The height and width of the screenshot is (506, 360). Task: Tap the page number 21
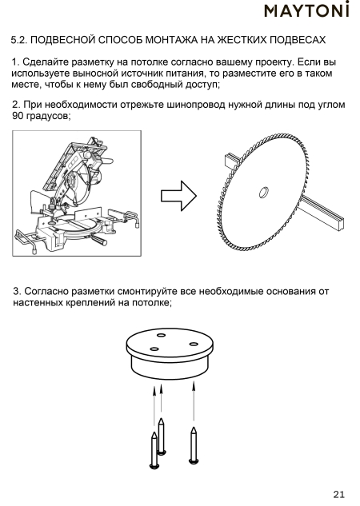coord(338,494)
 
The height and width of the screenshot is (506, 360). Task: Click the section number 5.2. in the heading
coord(19,40)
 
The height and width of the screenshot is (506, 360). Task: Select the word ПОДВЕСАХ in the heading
coord(298,40)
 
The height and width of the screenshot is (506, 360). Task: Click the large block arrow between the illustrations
coord(178,196)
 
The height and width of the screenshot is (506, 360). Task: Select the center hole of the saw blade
coord(264,193)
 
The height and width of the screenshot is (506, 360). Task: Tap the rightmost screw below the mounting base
coord(194,445)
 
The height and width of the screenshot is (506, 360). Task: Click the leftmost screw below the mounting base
coord(154,450)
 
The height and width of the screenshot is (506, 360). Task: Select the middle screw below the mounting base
coord(162,436)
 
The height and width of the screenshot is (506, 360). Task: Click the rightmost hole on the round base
coord(193,344)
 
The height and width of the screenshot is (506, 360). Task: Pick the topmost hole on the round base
coord(161,335)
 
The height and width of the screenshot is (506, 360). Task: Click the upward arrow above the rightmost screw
coord(194,401)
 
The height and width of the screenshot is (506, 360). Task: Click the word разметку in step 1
coord(93,62)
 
